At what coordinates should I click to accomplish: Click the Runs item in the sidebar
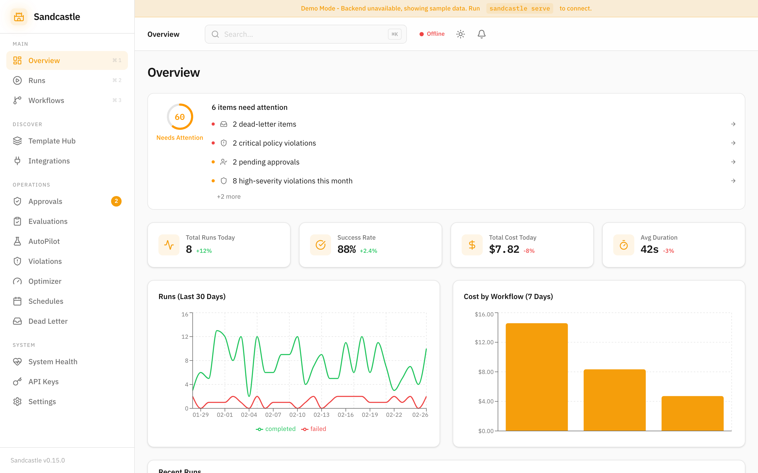(x=37, y=80)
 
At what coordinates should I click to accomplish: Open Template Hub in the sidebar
(x=52, y=141)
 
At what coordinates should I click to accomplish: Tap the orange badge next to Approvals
(x=116, y=201)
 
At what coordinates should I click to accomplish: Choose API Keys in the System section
(x=43, y=381)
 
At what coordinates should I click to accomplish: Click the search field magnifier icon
(x=215, y=34)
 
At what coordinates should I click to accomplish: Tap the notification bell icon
(x=481, y=34)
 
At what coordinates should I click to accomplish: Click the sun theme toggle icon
(x=460, y=34)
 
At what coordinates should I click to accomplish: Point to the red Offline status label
(x=435, y=34)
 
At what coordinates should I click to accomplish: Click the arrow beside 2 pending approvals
(x=733, y=162)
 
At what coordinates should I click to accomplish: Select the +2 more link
(x=229, y=197)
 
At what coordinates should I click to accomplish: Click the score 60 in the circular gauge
(x=180, y=117)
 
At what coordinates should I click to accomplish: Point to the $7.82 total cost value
(x=504, y=249)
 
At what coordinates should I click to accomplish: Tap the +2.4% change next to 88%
(x=368, y=251)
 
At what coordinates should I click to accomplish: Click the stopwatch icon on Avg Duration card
(x=623, y=245)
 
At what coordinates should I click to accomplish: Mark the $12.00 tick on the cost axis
(x=484, y=342)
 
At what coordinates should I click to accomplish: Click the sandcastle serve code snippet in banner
(x=520, y=8)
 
